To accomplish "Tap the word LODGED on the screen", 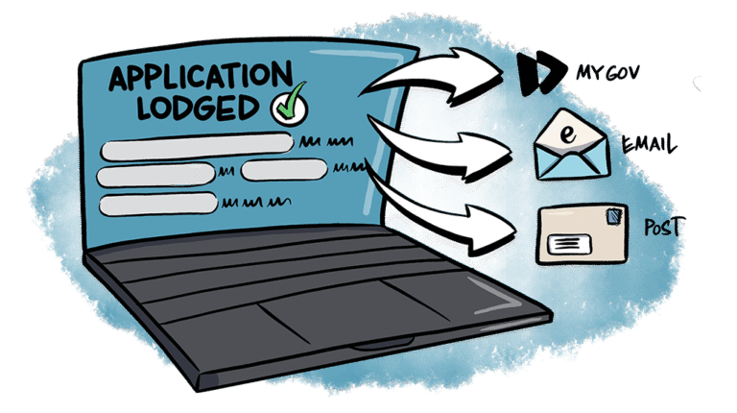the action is coord(198,108).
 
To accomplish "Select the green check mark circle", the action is coord(290,106).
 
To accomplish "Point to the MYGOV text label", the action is coord(607,72).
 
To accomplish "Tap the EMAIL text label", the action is coord(649,143).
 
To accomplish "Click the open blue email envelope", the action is coord(572,145).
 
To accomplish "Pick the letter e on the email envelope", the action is coord(568,134).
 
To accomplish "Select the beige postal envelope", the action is coord(582,233).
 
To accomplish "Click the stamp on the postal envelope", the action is coord(614,216).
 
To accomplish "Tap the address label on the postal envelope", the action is coord(569,244).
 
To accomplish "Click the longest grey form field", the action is coord(198,147).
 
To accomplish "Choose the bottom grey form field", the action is coord(158,205).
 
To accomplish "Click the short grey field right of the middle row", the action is coord(284,170).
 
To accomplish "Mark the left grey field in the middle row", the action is coord(156,175).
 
